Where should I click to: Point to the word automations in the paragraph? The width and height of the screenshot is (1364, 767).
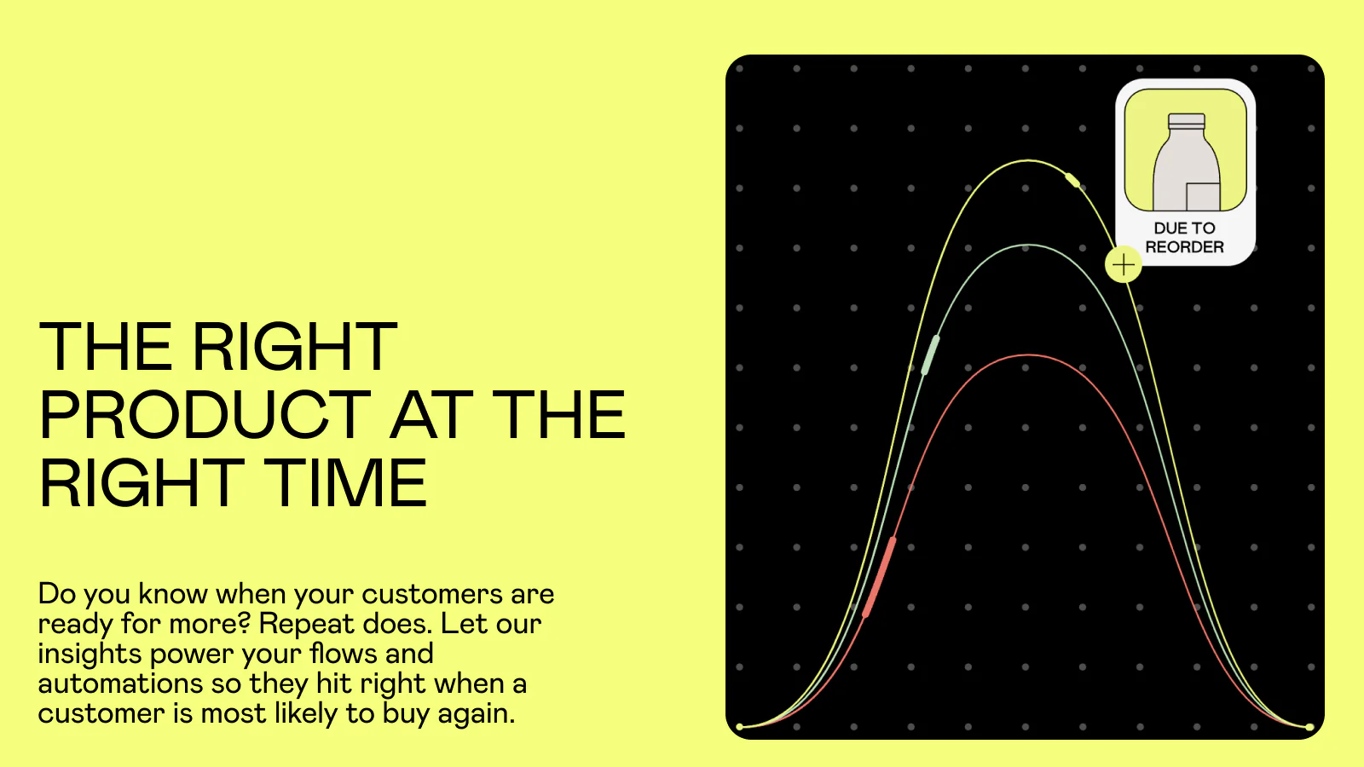click(120, 683)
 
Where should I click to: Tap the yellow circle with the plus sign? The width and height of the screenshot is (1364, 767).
click(1123, 265)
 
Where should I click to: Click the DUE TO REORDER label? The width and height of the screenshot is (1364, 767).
click(1184, 238)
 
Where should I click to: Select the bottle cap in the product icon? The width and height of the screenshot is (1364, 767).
click(1186, 120)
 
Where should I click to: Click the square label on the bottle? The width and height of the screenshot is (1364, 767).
click(1203, 197)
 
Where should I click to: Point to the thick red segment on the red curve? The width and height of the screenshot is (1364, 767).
click(879, 577)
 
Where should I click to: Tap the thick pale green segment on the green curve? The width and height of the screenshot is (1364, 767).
click(930, 355)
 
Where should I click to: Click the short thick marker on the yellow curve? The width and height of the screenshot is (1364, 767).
click(1072, 180)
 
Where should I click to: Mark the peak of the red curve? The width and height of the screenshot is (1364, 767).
click(1028, 355)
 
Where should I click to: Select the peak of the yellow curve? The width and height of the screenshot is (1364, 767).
click(1028, 161)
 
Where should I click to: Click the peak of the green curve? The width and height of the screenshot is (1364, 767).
click(1028, 245)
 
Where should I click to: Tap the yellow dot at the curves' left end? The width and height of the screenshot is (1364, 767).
click(740, 727)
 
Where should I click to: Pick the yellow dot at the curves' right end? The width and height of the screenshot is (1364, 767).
click(1309, 727)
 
